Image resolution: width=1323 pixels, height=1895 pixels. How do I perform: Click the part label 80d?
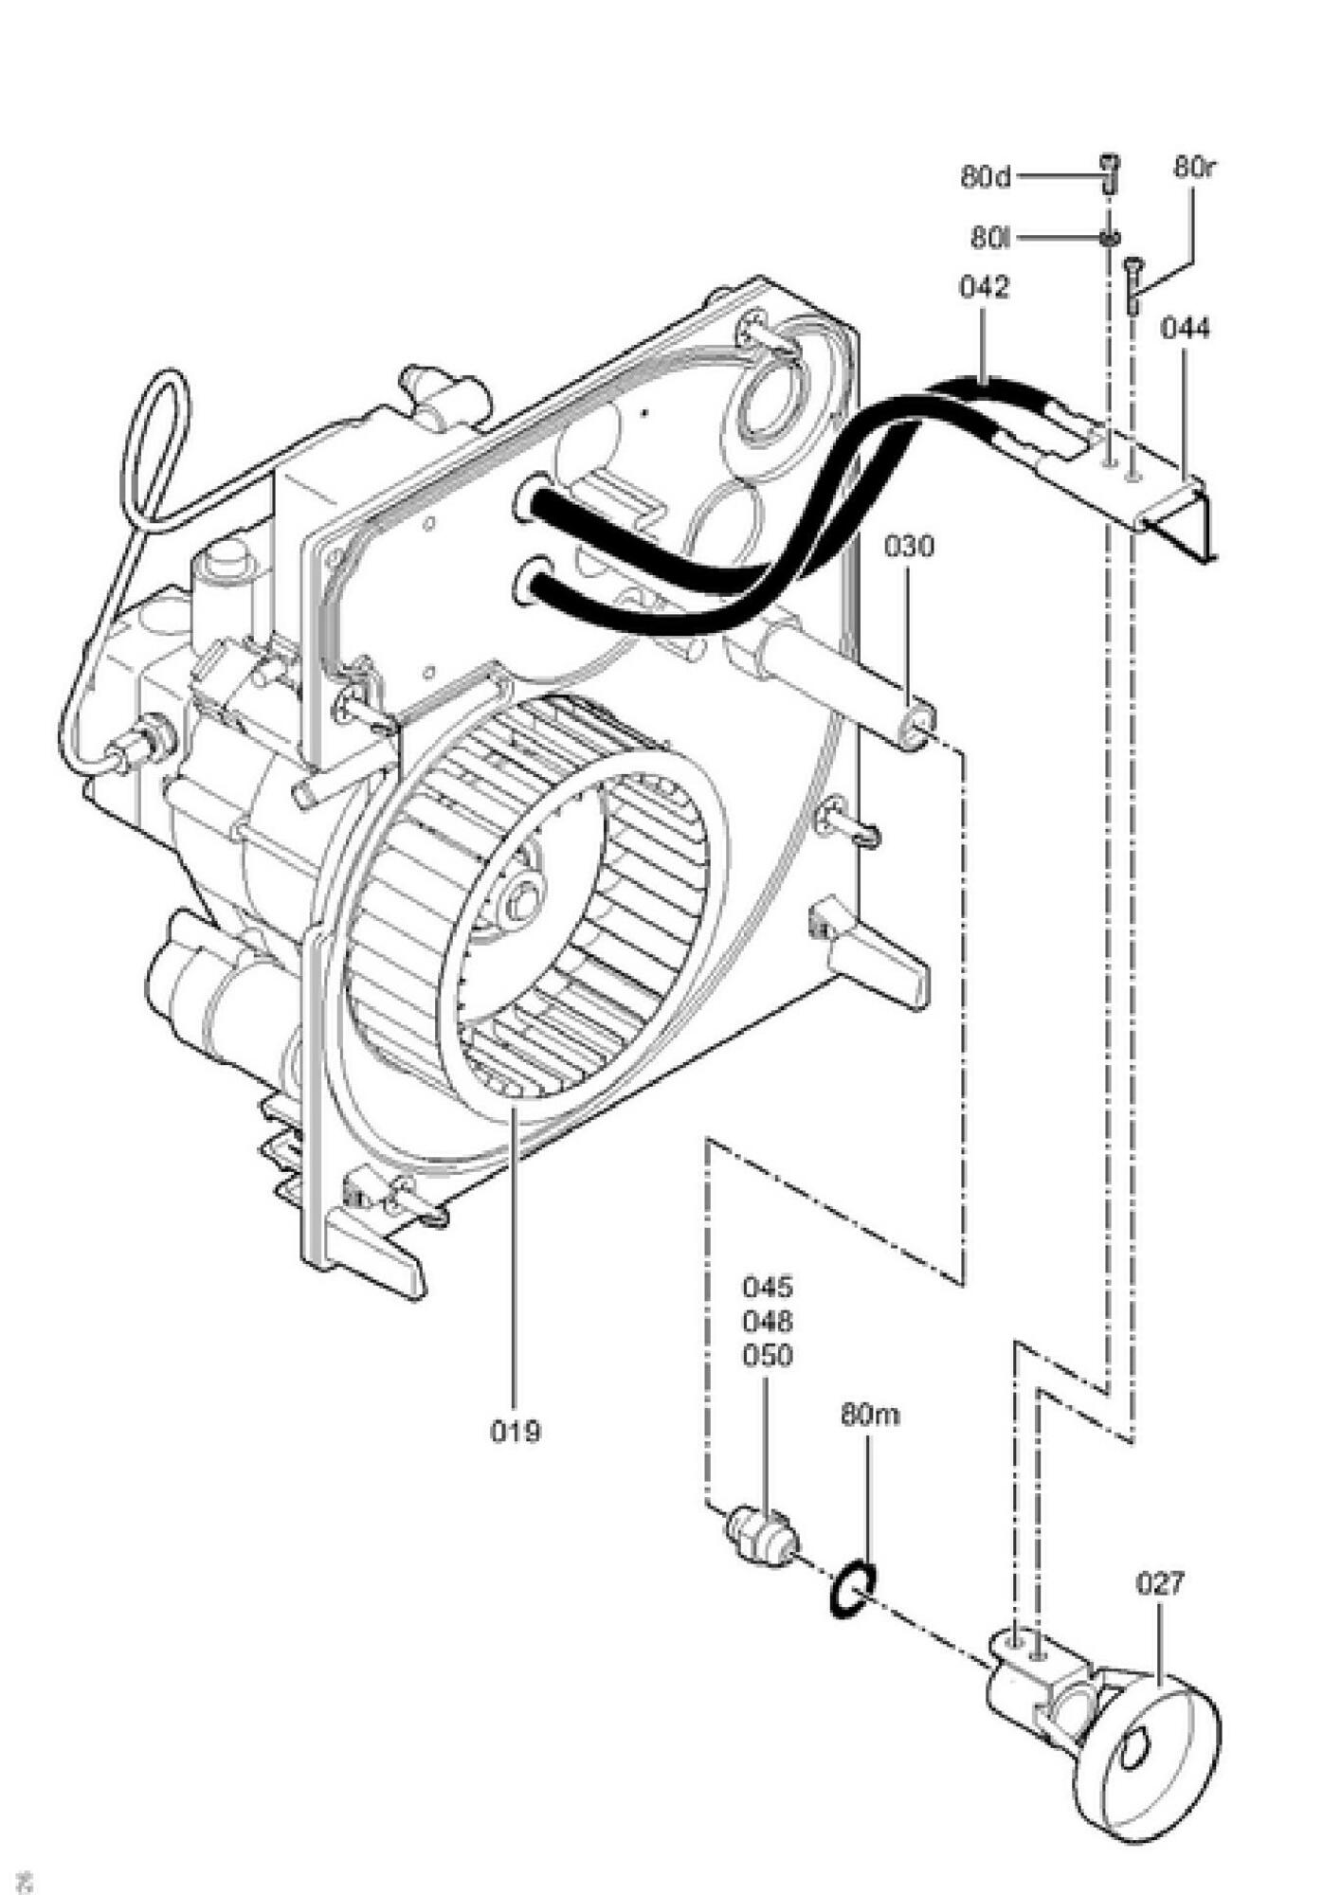(x=986, y=176)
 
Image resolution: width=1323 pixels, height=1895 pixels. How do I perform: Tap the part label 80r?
(x=1195, y=168)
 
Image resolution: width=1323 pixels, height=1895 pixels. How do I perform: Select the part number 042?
(x=985, y=287)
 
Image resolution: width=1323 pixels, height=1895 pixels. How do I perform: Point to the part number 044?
(x=1186, y=329)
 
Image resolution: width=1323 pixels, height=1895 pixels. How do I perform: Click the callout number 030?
(x=910, y=547)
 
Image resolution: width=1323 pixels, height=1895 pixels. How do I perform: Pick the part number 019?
(x=516, y=1431)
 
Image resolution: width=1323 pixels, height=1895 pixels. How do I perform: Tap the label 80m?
(x=870, y=1415)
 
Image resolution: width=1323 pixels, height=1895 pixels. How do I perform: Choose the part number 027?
(x=1160, y=1583)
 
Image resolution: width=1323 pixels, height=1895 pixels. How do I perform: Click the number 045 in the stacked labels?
(x=768, y=1288)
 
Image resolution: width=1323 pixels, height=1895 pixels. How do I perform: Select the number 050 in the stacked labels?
(x=768, y=1356)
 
